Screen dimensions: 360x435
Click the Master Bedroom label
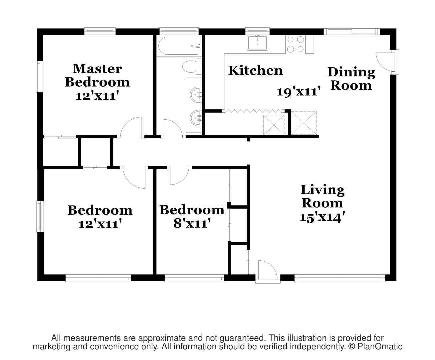coord(97,75)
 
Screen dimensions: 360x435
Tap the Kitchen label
coord(255,71)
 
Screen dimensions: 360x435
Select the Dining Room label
coord(351,79)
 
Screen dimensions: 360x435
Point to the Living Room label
coord(322,196)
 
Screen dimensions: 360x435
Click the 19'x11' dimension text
coord(299,91)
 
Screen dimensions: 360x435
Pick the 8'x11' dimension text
coord(192,223)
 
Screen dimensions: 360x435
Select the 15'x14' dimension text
coord(322,217)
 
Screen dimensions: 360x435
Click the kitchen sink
coord(257,43)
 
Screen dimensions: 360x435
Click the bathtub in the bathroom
coord(179,46)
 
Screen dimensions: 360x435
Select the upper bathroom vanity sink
coord(195,95)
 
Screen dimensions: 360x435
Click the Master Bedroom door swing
coord(131,127)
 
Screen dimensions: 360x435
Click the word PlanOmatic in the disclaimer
coord(380,347)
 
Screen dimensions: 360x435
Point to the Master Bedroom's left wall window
coord(39,77)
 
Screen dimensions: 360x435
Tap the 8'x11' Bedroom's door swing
coord(179,175)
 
